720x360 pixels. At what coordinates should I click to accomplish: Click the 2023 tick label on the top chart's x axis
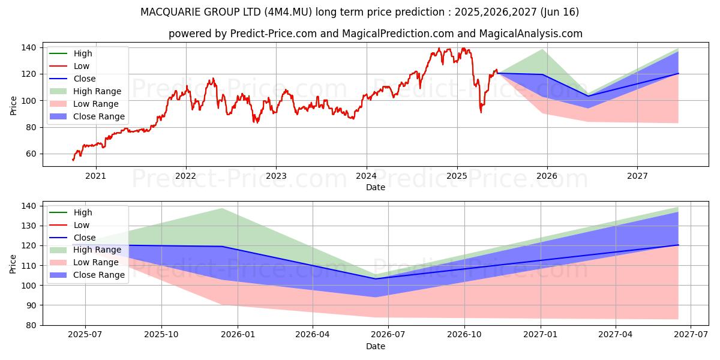click(x=276, y=176)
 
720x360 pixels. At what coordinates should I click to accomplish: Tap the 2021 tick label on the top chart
click(x=95, y=176)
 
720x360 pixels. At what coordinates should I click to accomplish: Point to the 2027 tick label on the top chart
click(x=637, y=176)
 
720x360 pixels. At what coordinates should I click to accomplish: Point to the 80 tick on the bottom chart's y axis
click(x=32, y=325)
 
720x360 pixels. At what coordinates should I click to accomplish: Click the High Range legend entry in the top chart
click(x=97, y=92)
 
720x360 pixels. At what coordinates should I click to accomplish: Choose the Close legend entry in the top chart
click(x=85, y=79)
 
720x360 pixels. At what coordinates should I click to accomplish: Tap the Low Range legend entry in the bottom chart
click(x=96, y=263)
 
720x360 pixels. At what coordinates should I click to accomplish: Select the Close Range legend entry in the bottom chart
click(x=98, y=275)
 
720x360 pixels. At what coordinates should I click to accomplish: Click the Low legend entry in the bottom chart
click(x=82, y=225)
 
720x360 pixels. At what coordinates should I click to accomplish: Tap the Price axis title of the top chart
click(x=13, y=106)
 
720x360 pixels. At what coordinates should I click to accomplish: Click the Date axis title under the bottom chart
click(x=376, y=346)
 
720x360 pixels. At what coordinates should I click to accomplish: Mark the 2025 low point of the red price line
click(x=481, y=112)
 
